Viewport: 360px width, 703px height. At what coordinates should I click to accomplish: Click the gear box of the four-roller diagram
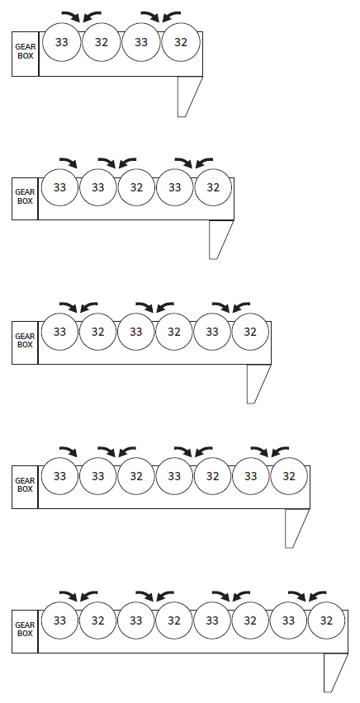point(25,54)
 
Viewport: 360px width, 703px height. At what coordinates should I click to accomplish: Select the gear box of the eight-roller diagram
point(25,631)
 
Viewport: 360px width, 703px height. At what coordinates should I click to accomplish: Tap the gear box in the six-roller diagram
point(25,342)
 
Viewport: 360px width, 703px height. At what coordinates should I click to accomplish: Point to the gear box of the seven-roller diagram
point(25,487)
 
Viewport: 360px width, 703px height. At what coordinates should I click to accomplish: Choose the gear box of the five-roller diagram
point(25,199)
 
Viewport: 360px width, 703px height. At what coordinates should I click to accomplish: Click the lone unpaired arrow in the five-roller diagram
point(69,162)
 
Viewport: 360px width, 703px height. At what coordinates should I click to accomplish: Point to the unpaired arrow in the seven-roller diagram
point(69,451)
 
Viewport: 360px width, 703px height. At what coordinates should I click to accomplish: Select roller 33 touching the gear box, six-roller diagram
point(59,332)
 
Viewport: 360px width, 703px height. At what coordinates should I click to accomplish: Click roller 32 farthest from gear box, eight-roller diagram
point(326,620)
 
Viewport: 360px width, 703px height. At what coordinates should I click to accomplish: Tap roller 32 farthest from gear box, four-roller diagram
point(181,42)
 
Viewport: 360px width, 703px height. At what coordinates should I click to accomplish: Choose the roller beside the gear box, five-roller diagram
point(59,187)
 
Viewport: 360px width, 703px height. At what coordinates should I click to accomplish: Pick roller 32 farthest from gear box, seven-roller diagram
point(289,476)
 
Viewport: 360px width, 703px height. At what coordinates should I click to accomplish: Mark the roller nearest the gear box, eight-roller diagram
point(59,620)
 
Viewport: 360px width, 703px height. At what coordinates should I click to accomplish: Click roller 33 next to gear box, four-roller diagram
point(61,42)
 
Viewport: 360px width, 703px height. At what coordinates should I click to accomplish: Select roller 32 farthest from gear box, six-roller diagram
point(250,332)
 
